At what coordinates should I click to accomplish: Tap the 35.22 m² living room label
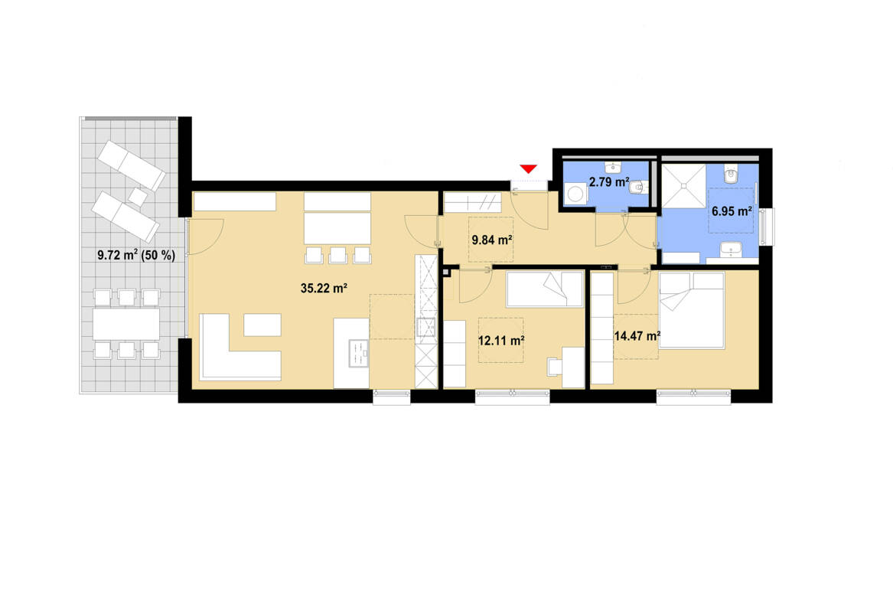(324, 289)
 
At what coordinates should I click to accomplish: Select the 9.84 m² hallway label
(491, 240)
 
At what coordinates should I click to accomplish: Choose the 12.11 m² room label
(500, 339)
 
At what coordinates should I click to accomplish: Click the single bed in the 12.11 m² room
(545, 289)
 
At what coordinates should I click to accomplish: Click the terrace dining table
(126, 324)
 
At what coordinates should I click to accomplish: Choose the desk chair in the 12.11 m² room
(554, 366)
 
